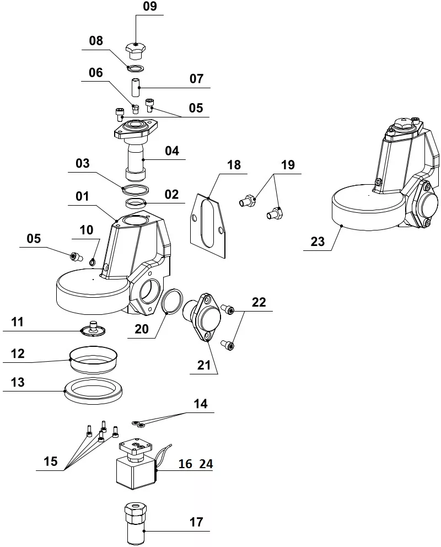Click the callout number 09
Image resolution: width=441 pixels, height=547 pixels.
pyautogui.click(x=149, y=7)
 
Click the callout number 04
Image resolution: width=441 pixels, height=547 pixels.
pyautogui.click(x=172, y=151)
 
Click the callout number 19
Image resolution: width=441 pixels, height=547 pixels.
pyautogui.click(x=288, y=164)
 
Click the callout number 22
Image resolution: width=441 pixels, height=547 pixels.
pyautogui.click(x=259, y=302)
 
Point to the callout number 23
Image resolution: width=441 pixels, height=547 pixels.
pyautogui.click(x=318, y=241)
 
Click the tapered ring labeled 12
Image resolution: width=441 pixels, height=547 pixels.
pyautogui.click(x=93, y=359)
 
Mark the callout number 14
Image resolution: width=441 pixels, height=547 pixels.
pyautogui.click(x=200, y=404)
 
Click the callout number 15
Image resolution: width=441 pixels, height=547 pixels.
pyautogui.click(x=51, y=462)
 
